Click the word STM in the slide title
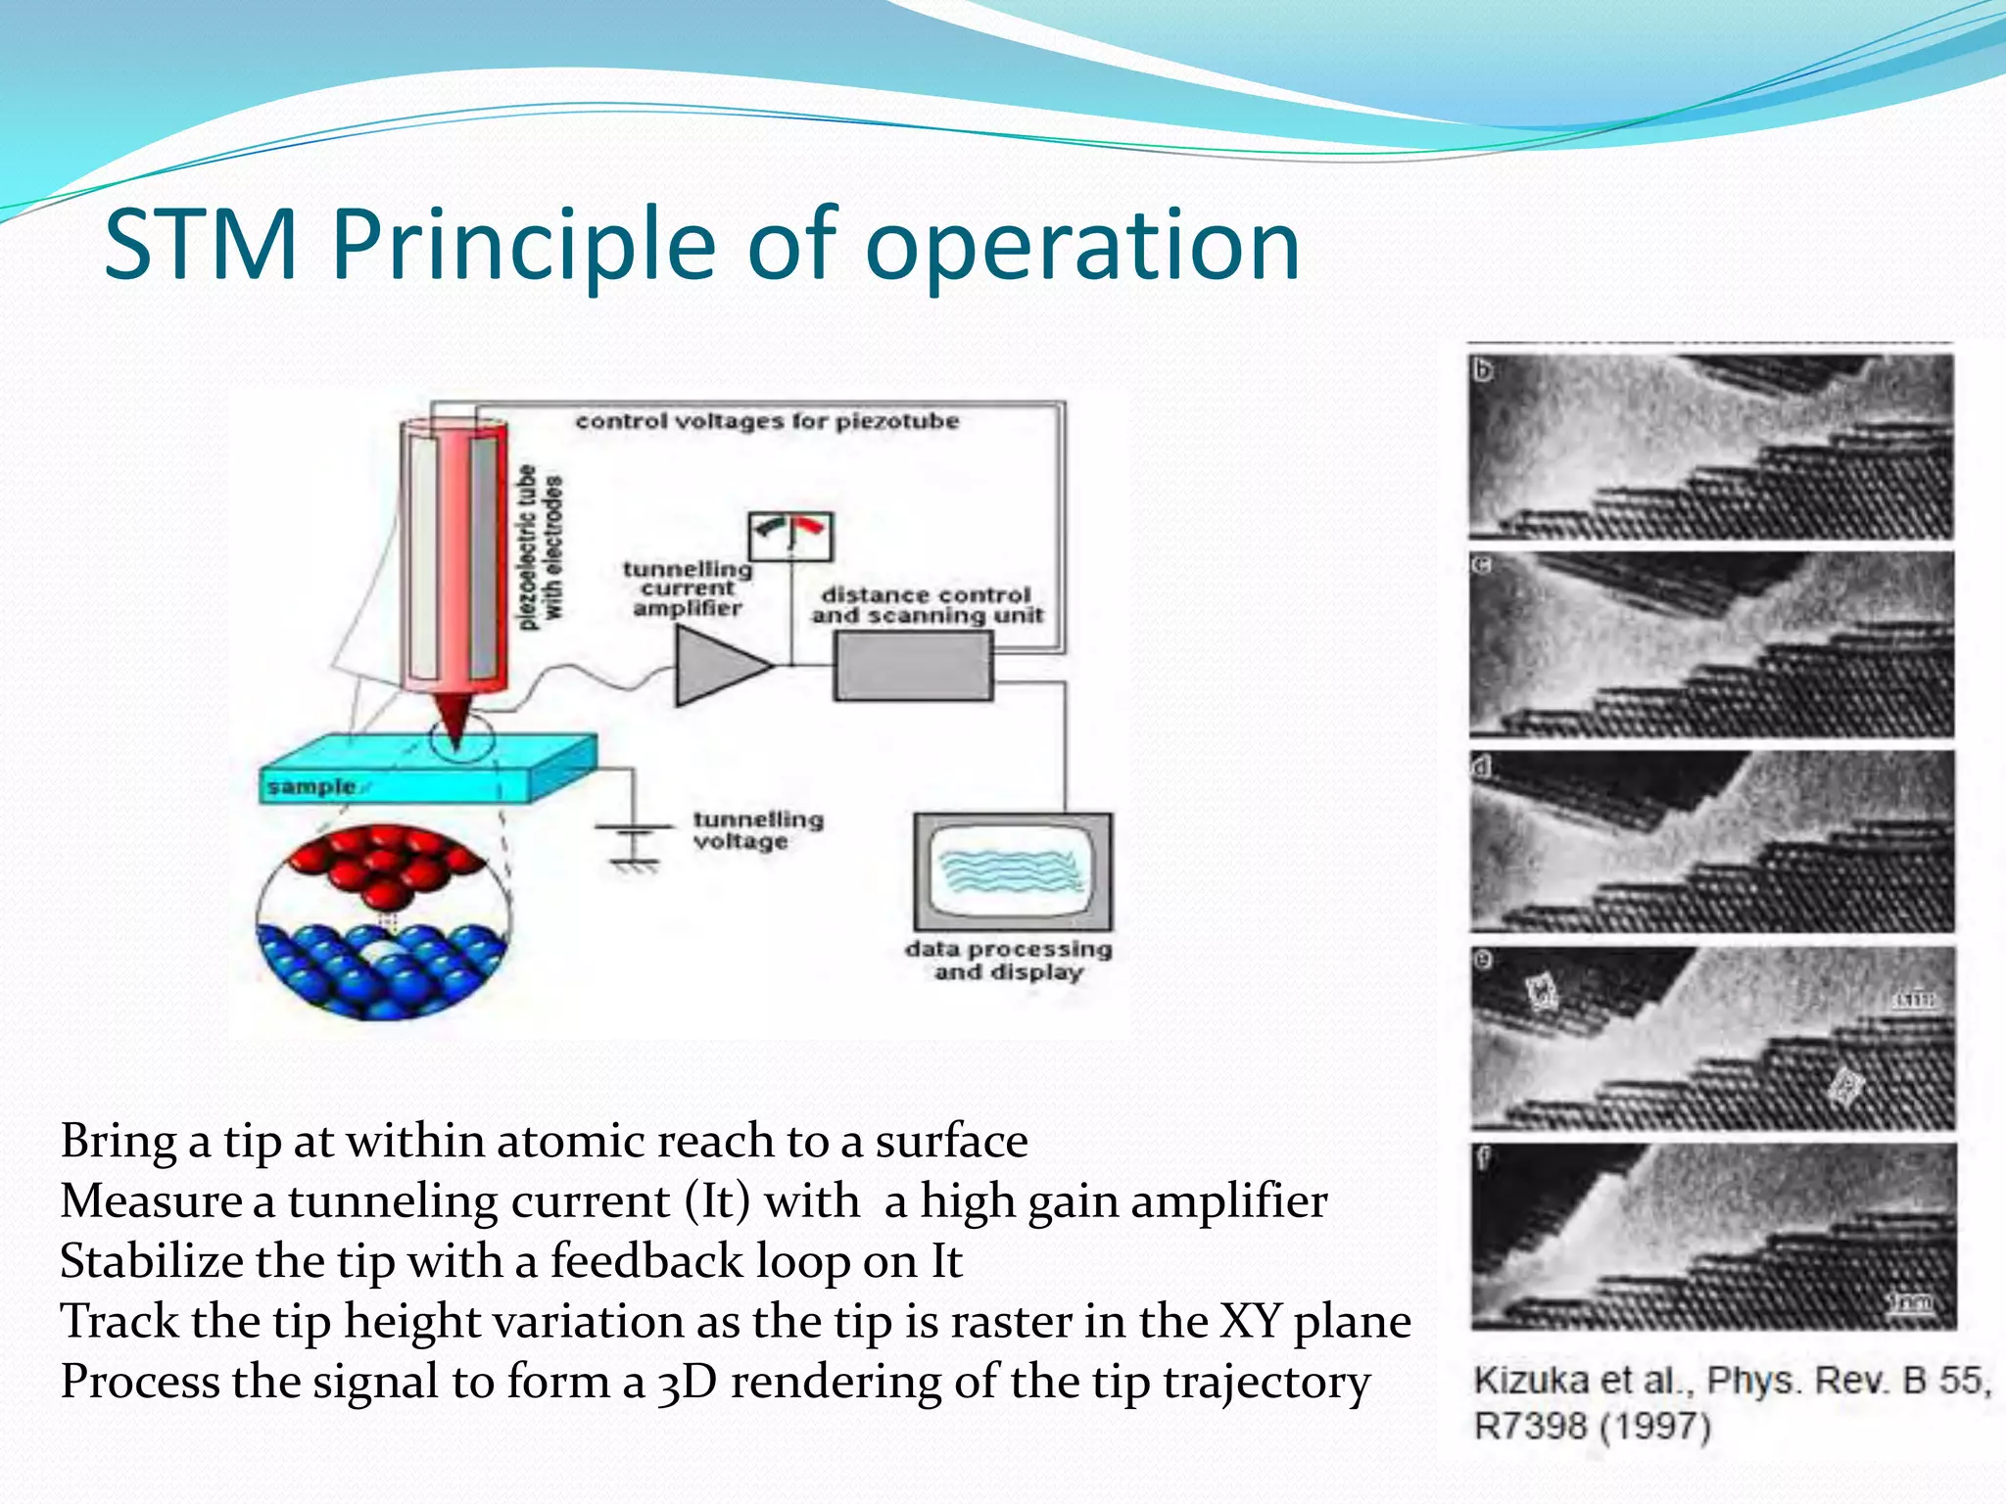click(201, 245)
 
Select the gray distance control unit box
click(913, 666)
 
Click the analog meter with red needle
click(790, 536)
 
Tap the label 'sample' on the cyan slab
click(311, 787)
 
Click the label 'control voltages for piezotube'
click(767, 421)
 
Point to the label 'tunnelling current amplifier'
click(688, 588)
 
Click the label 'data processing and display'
click(1009, 961)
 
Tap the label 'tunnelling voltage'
click(758, 830)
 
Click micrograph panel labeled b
click(1711, 446)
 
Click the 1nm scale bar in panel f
click(1911, 1303)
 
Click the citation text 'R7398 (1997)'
click(1592, 1427)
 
